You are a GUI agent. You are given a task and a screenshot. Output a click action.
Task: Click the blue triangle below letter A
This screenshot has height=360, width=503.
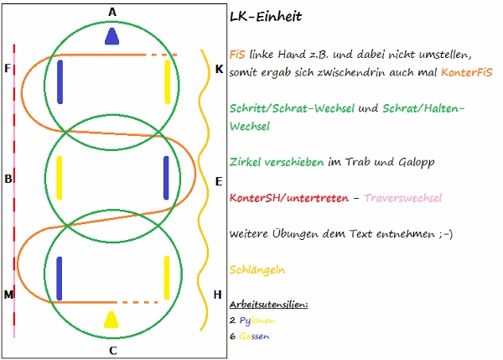tap(112, 35)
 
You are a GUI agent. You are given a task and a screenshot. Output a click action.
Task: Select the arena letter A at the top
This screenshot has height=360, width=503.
tap(112, 11)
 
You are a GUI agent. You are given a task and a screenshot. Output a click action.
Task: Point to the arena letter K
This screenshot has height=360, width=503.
tap(219, 69)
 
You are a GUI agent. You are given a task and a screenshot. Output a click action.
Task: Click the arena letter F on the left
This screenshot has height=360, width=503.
tap(8, 68)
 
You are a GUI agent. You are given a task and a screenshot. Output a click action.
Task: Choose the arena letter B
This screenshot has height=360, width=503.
tap(8, 179)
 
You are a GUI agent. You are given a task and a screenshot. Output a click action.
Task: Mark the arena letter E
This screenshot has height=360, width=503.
tap(219, 181)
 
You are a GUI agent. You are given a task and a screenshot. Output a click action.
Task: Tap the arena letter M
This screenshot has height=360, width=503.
tap(8, 295)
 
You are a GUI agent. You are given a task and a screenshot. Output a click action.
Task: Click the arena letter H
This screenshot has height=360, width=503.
tap(219, 295)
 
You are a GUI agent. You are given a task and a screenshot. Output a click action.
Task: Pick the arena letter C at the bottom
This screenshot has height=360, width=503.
tap(112, 350)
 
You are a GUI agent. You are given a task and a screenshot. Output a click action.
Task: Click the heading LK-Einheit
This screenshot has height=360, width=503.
tap(265, 16)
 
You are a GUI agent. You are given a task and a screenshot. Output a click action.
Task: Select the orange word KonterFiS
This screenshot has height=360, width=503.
tap(466, 73)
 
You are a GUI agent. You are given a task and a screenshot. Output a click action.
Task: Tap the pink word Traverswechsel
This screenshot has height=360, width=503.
tap(405, 197)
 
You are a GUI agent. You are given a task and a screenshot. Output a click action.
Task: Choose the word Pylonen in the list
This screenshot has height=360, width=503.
tap(256, 320)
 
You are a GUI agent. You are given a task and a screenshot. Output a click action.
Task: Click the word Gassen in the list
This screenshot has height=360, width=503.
tap(253, 336)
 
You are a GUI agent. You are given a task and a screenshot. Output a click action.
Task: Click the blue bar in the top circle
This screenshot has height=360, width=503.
tap(60, 81)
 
